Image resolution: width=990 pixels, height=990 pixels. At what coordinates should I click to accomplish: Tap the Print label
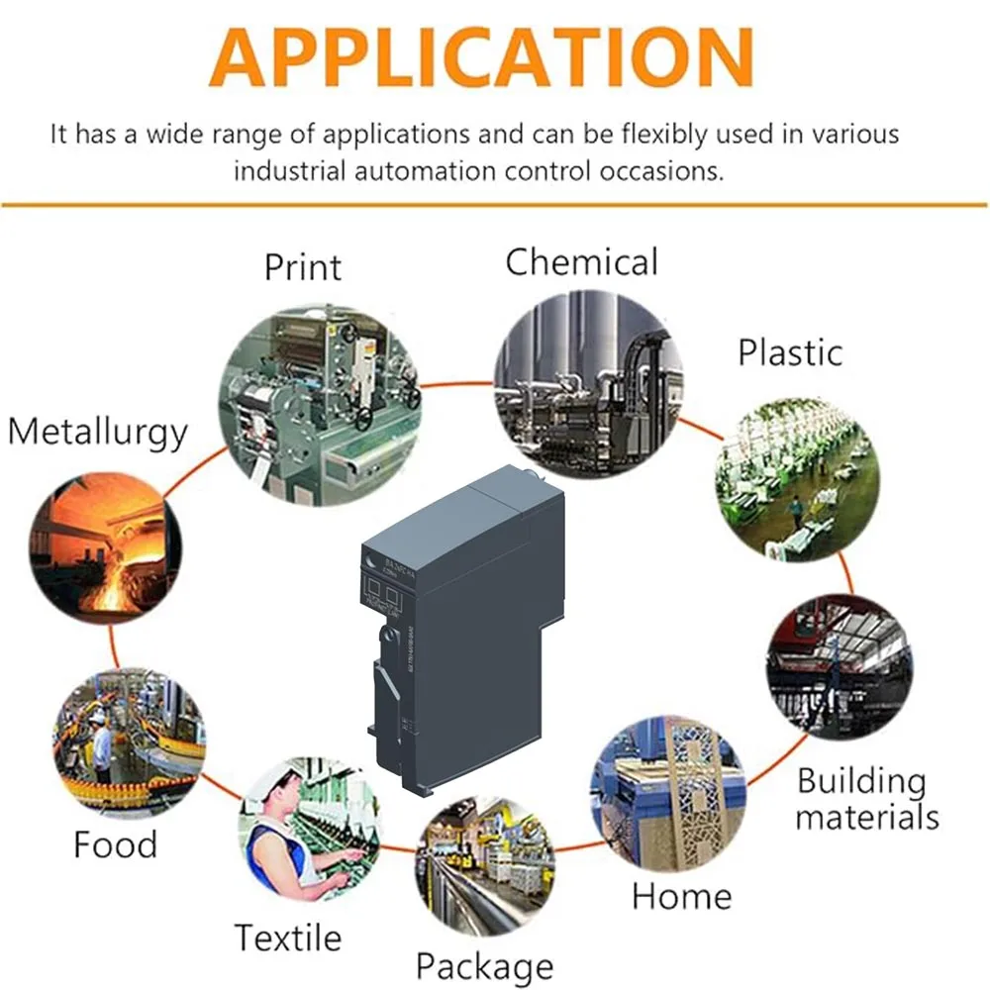point(302,267)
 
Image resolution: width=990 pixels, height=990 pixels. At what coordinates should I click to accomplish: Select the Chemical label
point(581,262)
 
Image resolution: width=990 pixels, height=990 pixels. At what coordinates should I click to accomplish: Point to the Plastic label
point(790,352)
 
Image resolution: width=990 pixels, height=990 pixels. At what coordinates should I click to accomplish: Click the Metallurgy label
point(97,433)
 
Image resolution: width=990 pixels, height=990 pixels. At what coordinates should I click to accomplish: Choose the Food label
point(116,844)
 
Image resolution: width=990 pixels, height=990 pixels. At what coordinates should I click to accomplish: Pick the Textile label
point(287,937)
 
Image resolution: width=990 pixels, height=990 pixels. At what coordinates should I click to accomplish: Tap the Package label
point(484,965)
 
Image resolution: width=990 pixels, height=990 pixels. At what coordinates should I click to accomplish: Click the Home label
point(681,897)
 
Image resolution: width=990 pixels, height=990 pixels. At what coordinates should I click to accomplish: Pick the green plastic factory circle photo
point(797,480)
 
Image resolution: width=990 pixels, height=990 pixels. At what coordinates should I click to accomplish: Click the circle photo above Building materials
point(839,666)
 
